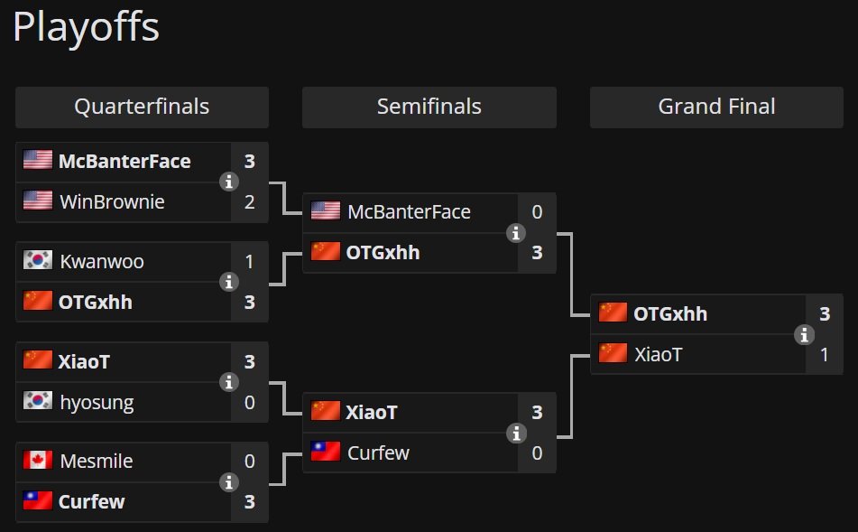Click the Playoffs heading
(x=86, y=27)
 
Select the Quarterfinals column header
(x=142, y=107)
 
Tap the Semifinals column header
(x=429, y=107)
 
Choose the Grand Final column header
(x=716, y=107)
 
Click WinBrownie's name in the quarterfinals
(x=112, y=201)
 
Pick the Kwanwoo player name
(x=102, y=261)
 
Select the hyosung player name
(x=97, y=403)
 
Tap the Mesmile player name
(x=97, y=462)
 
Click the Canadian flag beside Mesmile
(x=38, y=460)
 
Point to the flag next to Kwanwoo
(x=38, y=260)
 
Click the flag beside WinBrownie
(x=38, y=200)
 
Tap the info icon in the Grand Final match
(x=804, y=334)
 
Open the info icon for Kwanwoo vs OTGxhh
(x=229, y=282)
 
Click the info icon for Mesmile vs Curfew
(x=229, y=482)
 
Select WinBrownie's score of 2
(x=250, y=202)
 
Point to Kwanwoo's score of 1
(x=250, y=261)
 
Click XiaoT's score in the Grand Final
(x=825, y=354)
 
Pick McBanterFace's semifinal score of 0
(x=537, y=212)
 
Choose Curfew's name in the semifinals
(x=378, y=453)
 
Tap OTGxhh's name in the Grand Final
(x=670, y=314)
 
